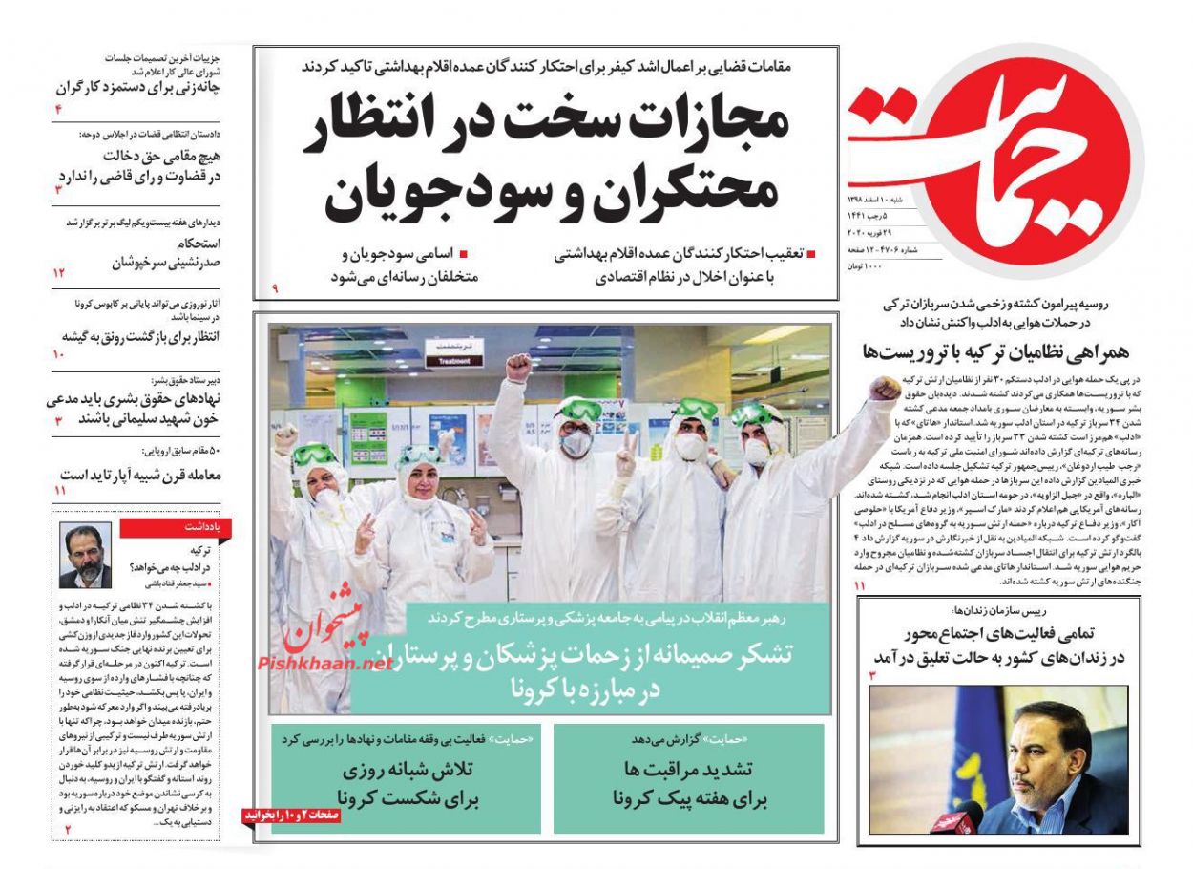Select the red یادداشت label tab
pyautogui.click(x=197, y=526)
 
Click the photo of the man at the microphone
pyautogui.click(x=997, y=759)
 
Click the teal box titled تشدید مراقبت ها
pyautogui.click(x=689, y=778)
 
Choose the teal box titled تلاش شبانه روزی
pyautogui.click(x=407, y=778)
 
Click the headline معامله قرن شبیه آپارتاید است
pyautogui.click(x=140, y=474)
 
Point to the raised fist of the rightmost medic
pyautogui.click(x=886, y=389)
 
